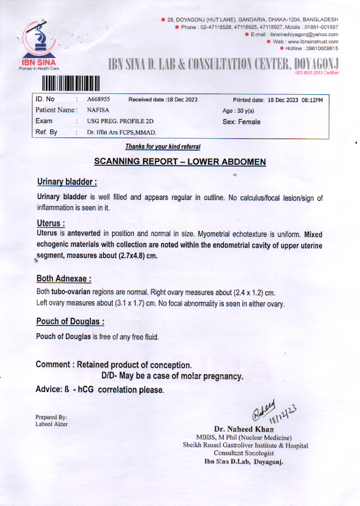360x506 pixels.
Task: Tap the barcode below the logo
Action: (71, 82)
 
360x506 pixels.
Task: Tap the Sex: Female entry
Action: (241, 122)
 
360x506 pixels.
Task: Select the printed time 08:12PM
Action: (312, 100)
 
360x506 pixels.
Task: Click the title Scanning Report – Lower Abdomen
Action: (180, 162)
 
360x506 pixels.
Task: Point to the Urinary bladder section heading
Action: (67, 182)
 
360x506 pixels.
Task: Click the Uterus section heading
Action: (51, 223)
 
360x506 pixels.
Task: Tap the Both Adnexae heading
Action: (64, 279)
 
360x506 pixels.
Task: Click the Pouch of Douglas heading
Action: (70, 322)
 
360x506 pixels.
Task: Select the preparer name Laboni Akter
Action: (52, 424)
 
